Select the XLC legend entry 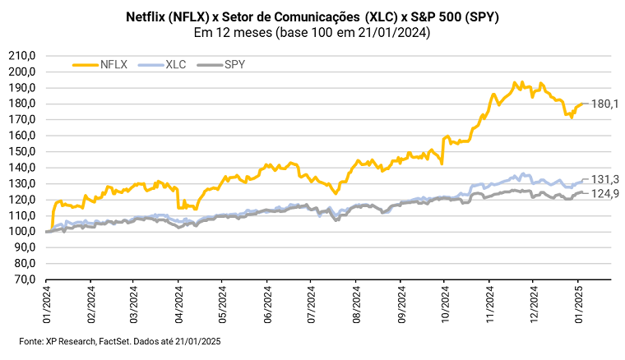tap(174, 64)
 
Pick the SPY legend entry tap(234, 64)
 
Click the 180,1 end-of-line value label tap(604, 104)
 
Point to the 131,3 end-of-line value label tap(604, 180)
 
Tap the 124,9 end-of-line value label tap(604, 193)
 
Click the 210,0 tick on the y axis tap(22, 56)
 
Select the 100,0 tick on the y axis tap(22, 232)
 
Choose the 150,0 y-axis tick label tap(22, 152)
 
